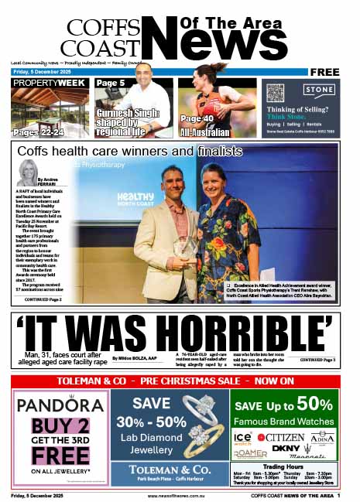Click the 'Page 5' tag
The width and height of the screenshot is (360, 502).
111,83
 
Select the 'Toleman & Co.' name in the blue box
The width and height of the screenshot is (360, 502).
170,468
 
